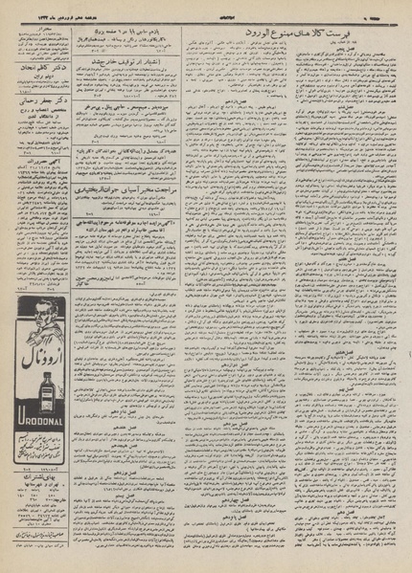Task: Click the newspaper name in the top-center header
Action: pos(206,8)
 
